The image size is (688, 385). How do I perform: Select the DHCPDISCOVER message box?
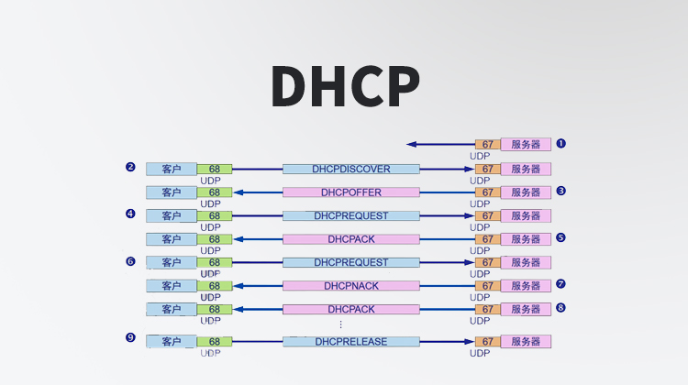click(x=350, y=170)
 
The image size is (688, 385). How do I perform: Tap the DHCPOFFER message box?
click(x=350, y=192)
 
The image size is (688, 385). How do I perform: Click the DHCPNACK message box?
click(x=350, y=286)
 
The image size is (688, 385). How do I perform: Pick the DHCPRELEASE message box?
click(x=350, y=342)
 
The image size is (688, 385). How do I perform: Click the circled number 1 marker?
click(x=560, y=143)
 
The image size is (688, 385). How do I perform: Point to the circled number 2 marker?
click(x=130, y=167)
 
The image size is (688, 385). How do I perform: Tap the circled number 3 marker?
click(x=560, y=191)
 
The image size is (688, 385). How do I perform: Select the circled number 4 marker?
click(x=130, y=214)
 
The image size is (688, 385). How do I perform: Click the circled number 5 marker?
click(x=560, y=237)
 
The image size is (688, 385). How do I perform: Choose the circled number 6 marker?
click(x=130, y=260)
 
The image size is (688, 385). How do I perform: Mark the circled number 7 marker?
click(x=560, y=284)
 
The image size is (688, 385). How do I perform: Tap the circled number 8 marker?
click(x=560, y=308)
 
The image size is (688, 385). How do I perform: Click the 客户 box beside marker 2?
click(x=172, y=170)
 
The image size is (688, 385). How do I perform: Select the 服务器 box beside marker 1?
click(x=526, y=144)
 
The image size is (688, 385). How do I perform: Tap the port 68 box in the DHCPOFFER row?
click(x=214, y=192)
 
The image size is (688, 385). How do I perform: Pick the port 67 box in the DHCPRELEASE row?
click(x=487, y=342)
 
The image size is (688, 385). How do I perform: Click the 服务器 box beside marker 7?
click(x=526, y=286)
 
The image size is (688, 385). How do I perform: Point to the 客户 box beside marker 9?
click(x=172, y=342)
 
